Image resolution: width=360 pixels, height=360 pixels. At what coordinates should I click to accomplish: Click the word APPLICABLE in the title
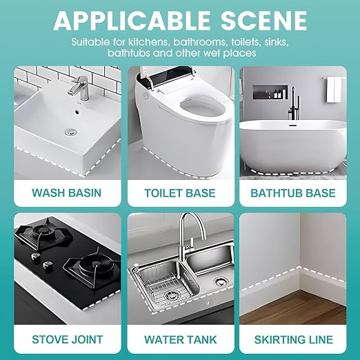click(x=132, y=20)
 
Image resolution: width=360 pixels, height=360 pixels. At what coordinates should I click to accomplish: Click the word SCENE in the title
click(x=263, y=20)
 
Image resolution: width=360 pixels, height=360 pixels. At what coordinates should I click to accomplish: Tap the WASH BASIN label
click(x=67, y=192)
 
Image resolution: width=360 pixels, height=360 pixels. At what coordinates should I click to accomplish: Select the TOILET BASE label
click(x=180, y=193)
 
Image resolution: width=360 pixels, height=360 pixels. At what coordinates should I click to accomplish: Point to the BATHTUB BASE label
click(x=293, y=193)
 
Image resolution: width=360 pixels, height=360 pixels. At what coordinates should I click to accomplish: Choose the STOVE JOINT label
click(x=68, y=339)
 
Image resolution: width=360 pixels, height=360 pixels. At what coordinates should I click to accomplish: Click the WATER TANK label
click(x=181, y=340)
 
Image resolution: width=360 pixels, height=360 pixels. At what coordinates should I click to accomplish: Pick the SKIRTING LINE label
click(x=294, y=340)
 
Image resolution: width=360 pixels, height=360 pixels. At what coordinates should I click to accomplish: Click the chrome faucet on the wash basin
click(x=79, y=88)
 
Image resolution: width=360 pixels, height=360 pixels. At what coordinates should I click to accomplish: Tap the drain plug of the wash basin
click(x=70, y=132)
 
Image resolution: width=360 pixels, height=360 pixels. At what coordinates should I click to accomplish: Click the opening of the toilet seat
click(x=201, y=108)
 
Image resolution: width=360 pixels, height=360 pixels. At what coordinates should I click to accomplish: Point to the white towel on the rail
click(x=334, y=90)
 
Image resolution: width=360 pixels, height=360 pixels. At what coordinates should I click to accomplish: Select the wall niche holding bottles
click(x=270, y=92)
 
